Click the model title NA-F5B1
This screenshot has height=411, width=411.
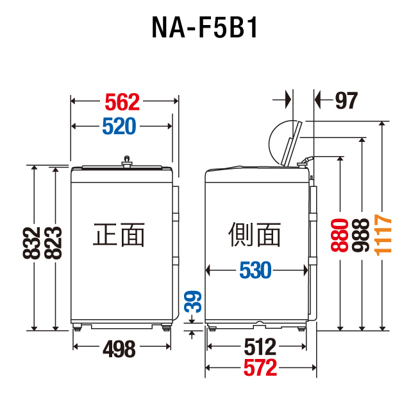[x=205, y=28]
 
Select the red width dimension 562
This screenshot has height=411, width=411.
[x=122, y=101]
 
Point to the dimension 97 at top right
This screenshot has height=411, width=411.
[x=346, y=101]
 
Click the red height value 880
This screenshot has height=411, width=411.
[x=340, y=236]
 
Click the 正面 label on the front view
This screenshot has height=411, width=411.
[x=119, y=234]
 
